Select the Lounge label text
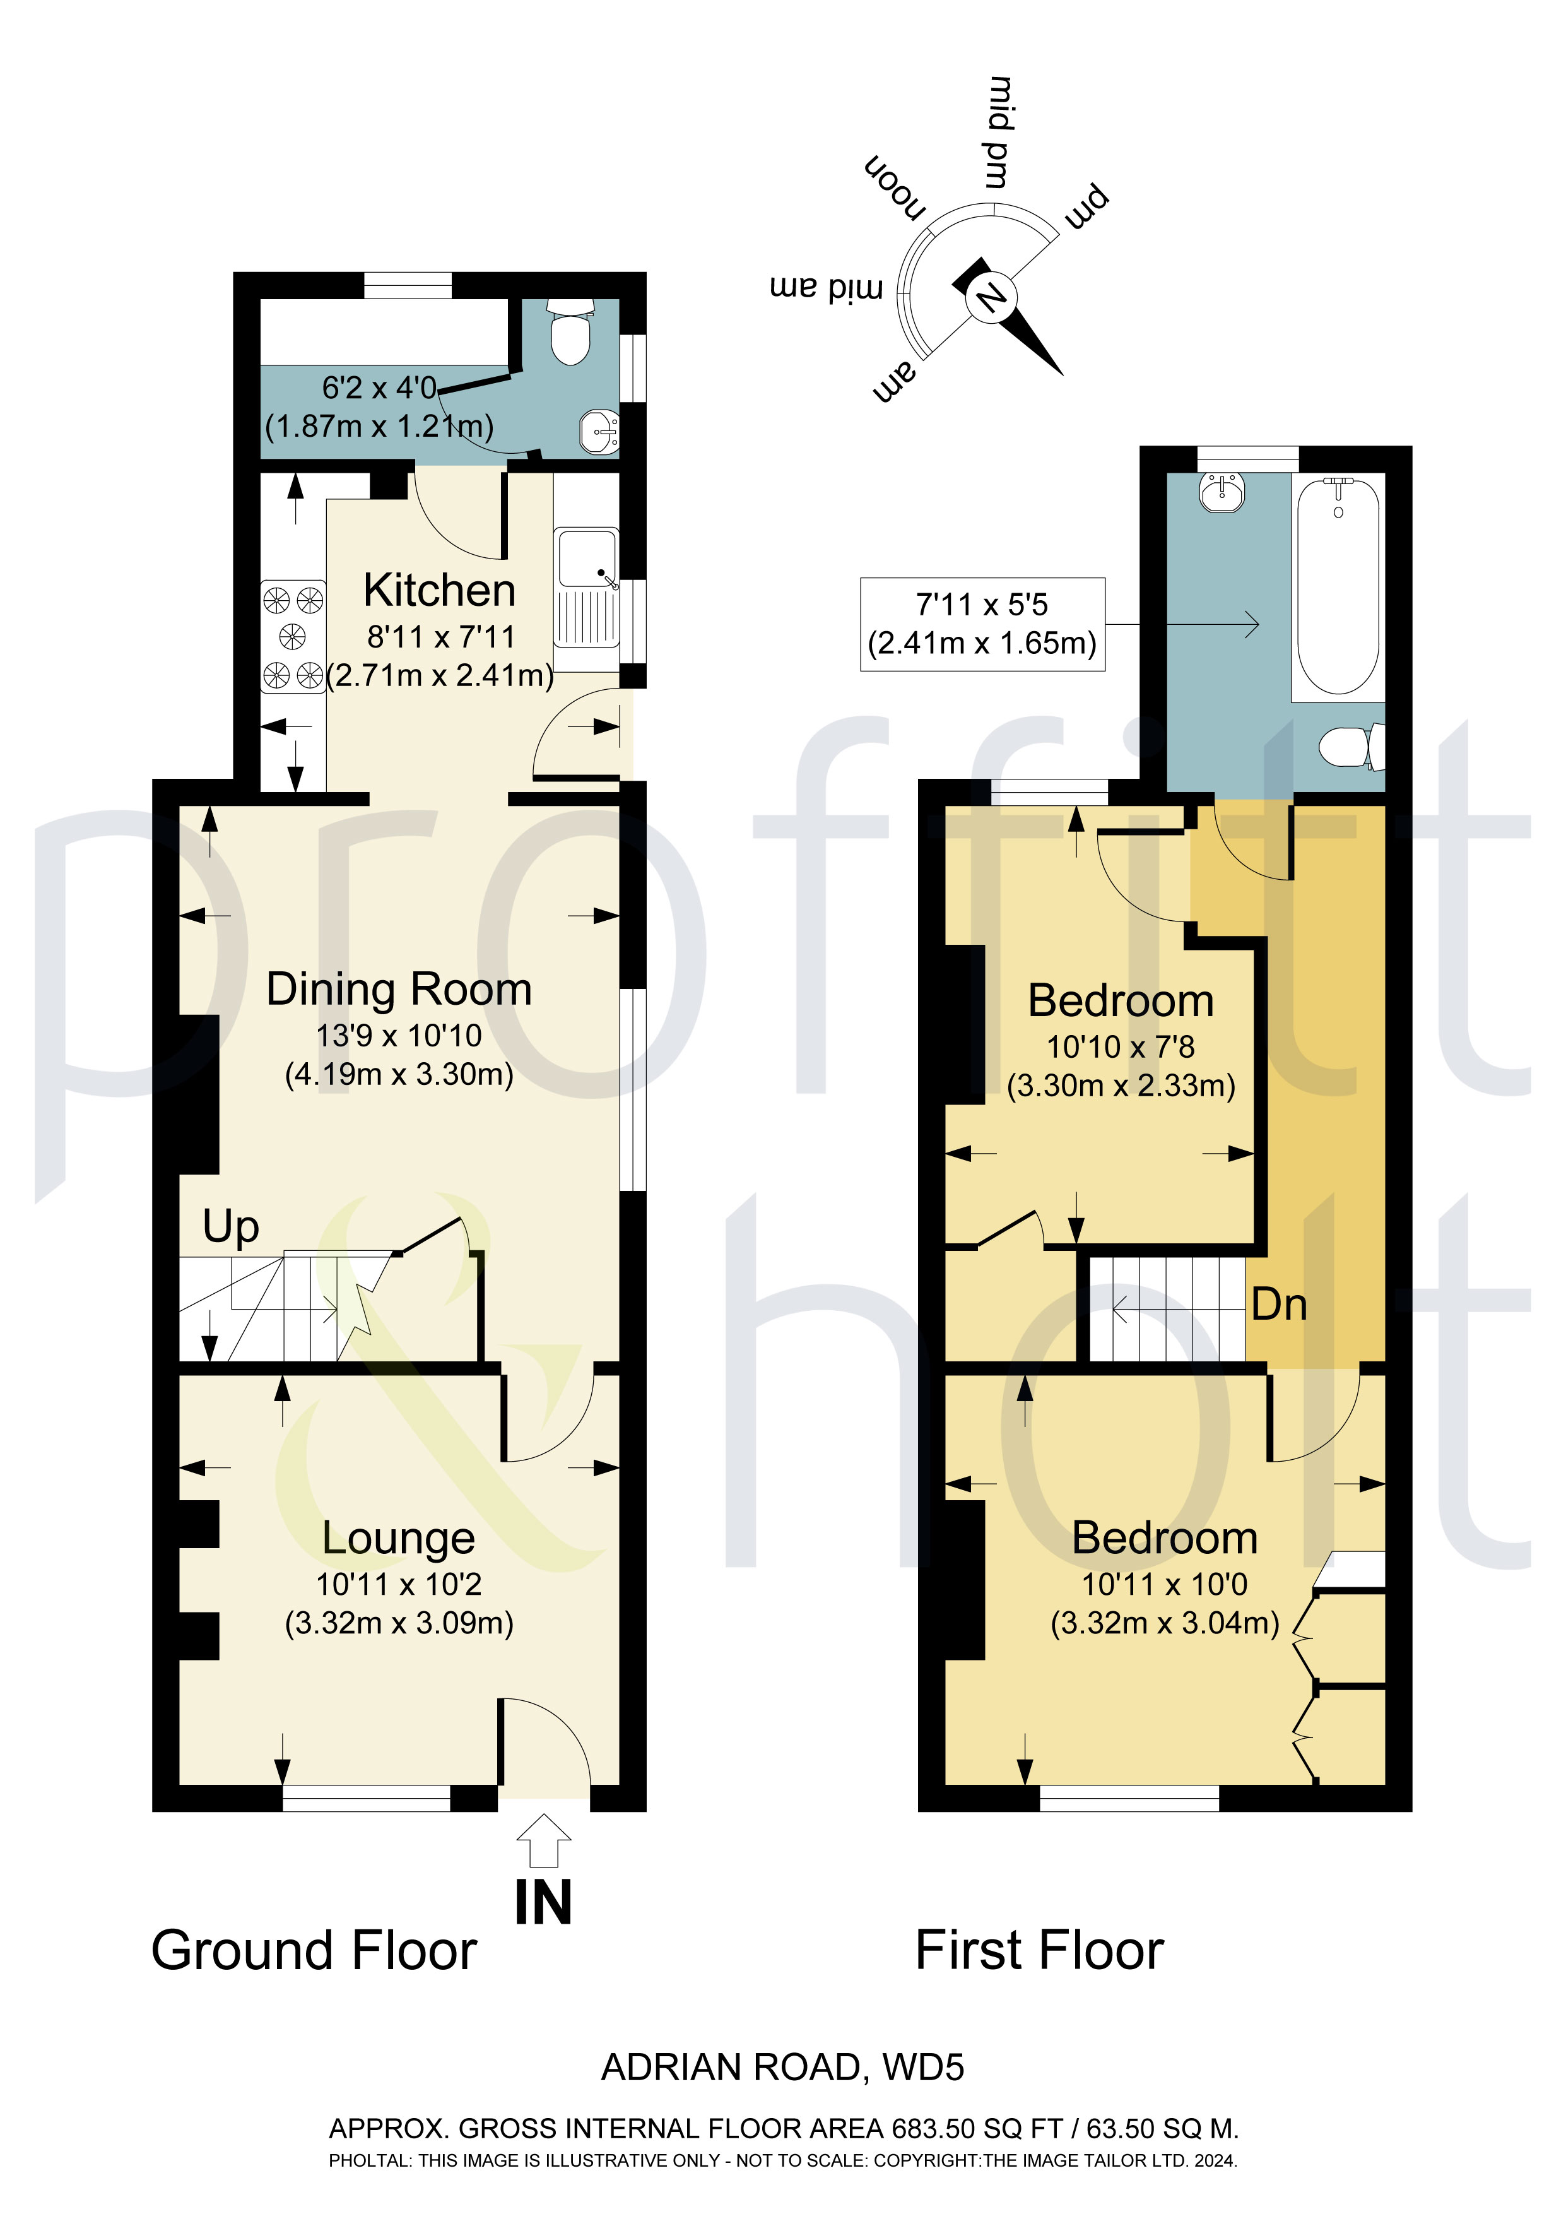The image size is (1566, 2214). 398,1538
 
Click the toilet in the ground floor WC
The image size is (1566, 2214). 569,333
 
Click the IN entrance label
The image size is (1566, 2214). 543,1902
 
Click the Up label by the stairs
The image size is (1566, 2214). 230,1226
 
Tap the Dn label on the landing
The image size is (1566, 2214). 1279,1305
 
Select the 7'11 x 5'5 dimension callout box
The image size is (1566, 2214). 982,624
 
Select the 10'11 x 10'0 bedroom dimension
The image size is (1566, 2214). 1164,1584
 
